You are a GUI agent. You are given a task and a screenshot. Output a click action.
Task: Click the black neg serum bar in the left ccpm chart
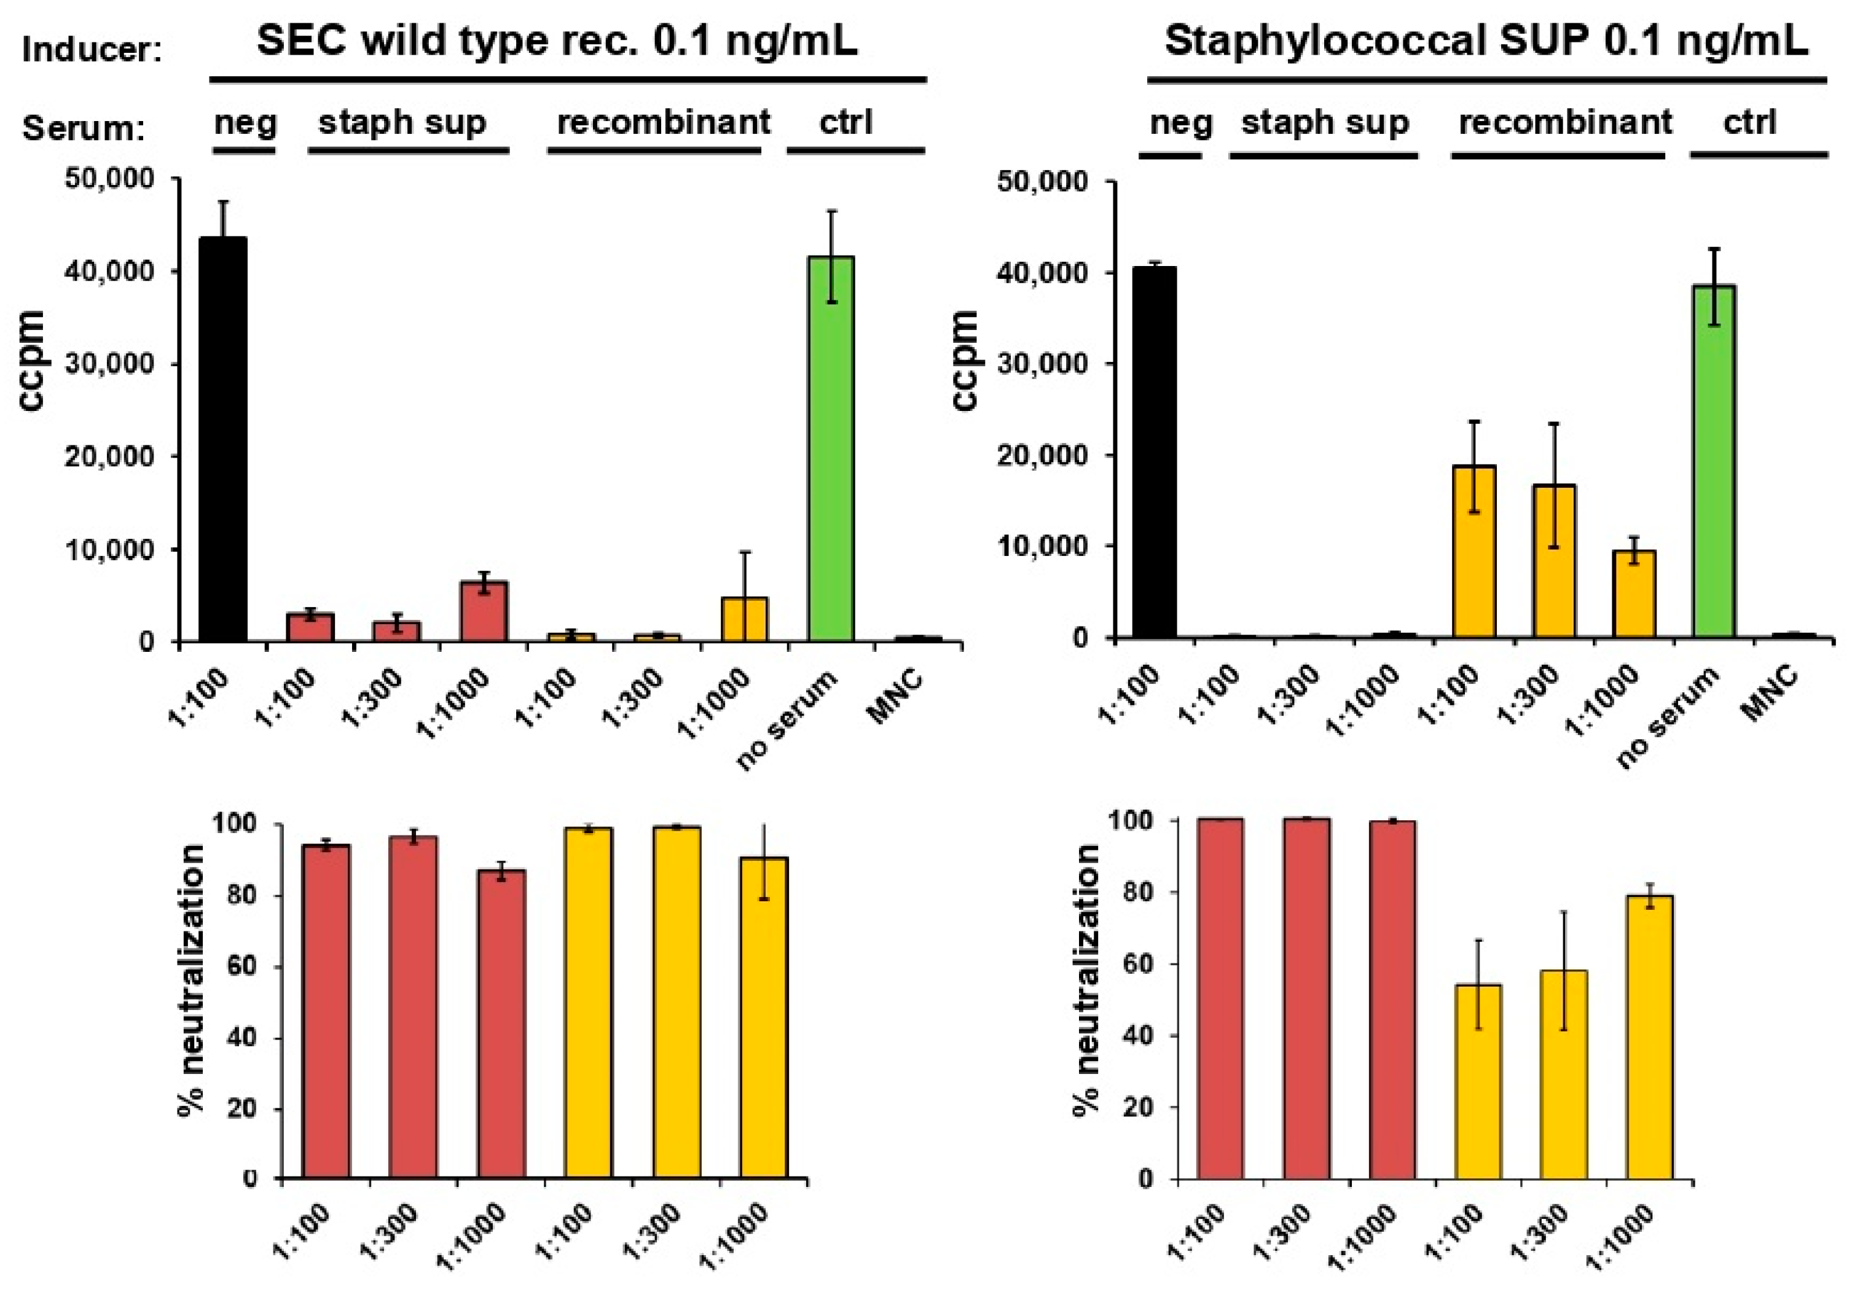(222, 439)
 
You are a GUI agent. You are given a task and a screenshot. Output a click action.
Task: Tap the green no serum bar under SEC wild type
(831, 448)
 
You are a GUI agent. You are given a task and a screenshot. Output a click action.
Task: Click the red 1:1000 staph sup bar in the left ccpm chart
(483, 611)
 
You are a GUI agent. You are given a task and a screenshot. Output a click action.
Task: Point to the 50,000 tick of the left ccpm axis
(109, 178)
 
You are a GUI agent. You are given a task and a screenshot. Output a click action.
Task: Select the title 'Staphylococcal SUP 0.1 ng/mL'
(1486, 41)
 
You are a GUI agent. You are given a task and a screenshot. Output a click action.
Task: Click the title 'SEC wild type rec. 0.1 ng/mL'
(557, 41)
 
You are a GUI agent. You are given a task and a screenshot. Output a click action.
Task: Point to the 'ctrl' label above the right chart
(1749, 123)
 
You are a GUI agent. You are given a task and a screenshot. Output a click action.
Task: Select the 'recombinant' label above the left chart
(663, 123)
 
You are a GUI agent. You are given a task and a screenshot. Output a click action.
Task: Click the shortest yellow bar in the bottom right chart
(1478, 1081)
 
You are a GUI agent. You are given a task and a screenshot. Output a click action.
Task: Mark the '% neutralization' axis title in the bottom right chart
(1086, 980)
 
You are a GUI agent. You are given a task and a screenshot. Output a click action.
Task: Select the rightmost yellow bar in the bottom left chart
(763, 1018)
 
